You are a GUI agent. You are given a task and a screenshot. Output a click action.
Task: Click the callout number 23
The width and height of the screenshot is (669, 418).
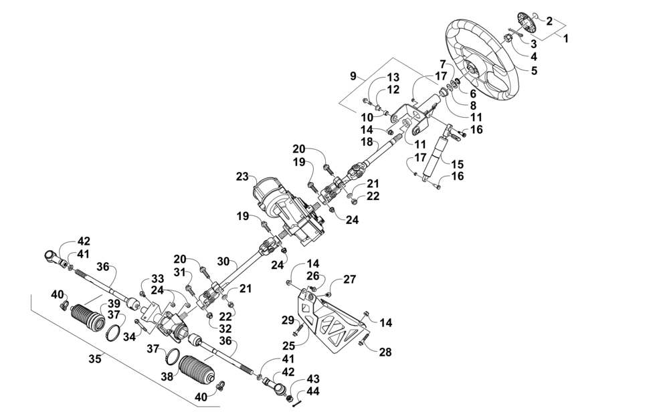tap(243, 176)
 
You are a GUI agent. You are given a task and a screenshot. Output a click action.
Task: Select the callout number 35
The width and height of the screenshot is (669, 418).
tap(95, 358)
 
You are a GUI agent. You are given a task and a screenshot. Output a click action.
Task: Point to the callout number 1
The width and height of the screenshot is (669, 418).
tap(566, 38)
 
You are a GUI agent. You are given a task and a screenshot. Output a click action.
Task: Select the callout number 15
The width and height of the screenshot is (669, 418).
tap(456, 165)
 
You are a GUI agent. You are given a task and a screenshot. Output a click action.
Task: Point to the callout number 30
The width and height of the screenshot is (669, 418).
tap(223, 261)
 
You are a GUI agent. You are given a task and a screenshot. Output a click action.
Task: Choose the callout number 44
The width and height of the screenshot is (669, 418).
tap(312, 391)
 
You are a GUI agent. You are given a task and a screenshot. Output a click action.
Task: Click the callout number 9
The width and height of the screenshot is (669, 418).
tap(353, 76)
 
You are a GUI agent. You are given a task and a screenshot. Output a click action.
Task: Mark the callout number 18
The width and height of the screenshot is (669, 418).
tap(367, 142)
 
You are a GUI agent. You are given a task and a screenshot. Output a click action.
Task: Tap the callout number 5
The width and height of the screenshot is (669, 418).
tap(534, 70)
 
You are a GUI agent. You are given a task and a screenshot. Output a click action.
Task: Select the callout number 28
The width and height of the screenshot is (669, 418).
tap(385, 352)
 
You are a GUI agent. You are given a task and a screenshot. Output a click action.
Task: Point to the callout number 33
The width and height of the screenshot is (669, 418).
tap(157, 280)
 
